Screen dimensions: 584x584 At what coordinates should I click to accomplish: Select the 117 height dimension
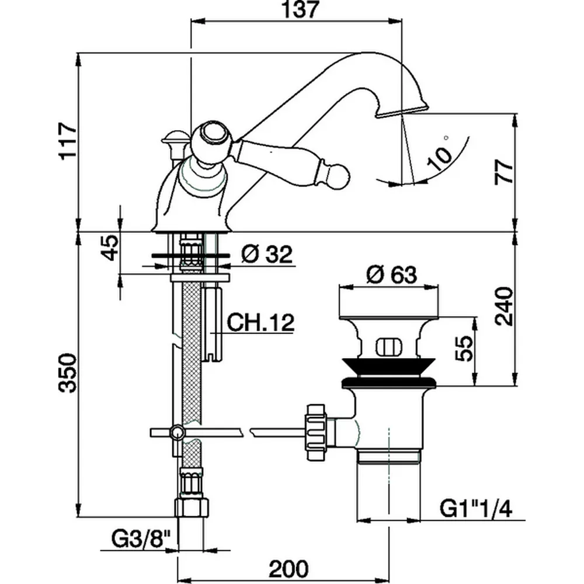[68, 140]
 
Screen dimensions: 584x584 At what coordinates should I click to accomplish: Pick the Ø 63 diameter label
[392, 273]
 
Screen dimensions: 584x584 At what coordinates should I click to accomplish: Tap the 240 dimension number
[503, 305]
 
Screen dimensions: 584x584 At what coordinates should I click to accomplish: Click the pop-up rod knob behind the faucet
[174, 138]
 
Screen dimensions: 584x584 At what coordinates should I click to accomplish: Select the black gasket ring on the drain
[388, 382]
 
